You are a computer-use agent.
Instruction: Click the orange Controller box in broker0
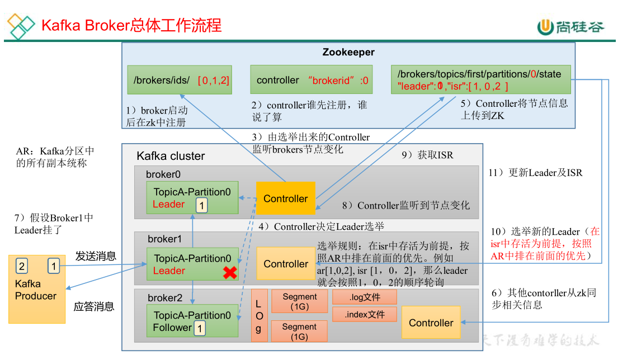coord(285,198)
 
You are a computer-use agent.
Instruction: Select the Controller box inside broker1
coord(286,264)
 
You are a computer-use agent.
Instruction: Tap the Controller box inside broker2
coord(431,323)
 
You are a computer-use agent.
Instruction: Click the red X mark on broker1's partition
coord(229,273)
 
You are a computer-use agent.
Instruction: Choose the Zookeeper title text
coord(348,53)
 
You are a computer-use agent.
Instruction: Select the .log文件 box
coord(364,297)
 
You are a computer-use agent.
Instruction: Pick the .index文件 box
coord(364,314)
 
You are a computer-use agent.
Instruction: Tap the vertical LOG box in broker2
coord(258,316)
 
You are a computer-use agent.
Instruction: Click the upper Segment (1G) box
coord(299,302)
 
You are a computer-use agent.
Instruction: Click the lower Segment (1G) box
coord(299,331)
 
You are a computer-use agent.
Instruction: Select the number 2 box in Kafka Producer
coord(21,266)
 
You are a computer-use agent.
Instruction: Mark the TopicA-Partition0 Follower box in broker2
coord(192,321)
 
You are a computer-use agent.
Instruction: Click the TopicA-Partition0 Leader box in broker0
coord(192,198)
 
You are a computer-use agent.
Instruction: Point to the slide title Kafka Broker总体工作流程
coord(131,25)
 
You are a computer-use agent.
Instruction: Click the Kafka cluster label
coord(171,156)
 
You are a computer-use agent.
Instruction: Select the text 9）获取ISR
coord(427,155)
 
